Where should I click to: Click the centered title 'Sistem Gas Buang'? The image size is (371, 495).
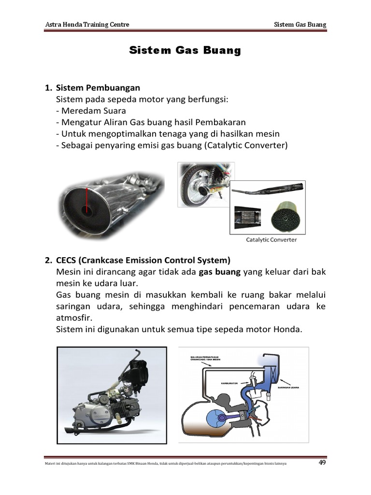click(185, 51)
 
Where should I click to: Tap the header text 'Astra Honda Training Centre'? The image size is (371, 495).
click(87, 24)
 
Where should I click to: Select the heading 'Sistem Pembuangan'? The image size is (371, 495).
click(98, 87)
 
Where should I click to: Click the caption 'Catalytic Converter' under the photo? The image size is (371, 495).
click(271, 239)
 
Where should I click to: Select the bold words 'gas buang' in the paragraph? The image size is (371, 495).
click(219, 272)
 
